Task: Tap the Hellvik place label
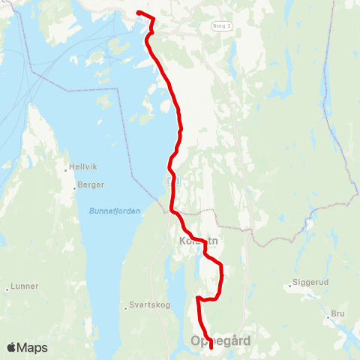pos(81,167)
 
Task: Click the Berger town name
pos(91,184)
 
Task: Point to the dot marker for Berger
pos(76,185)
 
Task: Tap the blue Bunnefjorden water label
pos(114,211)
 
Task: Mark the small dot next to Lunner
pos(7,288)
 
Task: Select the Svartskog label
pos(145,306)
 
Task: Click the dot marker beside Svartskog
pos(124,307)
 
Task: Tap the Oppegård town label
pos(221,341)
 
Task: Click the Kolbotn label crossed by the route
pos(198,241)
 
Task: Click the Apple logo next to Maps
pos(11,347)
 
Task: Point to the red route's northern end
pos(138,12)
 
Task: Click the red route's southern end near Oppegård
pos(211,347)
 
